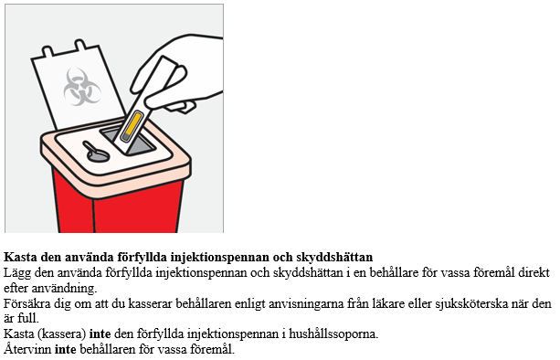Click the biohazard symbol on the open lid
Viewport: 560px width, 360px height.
point(82,87)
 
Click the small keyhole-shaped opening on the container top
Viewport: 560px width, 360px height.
point(96,152)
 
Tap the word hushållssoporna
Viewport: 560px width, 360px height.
point(333,334)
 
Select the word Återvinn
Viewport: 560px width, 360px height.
point(27,349)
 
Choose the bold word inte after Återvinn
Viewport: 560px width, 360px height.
point(66,349)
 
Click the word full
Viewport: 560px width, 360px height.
point(28,319)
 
